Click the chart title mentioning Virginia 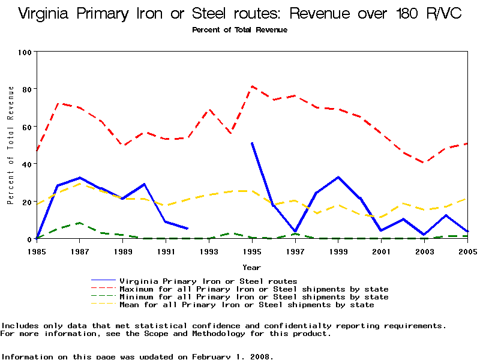point(240,13)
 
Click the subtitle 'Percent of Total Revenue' point(239,29)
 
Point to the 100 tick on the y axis point(25,52)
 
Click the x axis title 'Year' point(251,267)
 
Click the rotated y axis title point(11,145)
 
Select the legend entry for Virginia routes point(208,281)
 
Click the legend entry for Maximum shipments point(254,289)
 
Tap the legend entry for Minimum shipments point(254,297)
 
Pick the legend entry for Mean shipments point(247,305)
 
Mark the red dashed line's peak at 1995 point(252,86)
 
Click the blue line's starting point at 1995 point(252,143)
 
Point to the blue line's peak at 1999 point(338,177)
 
